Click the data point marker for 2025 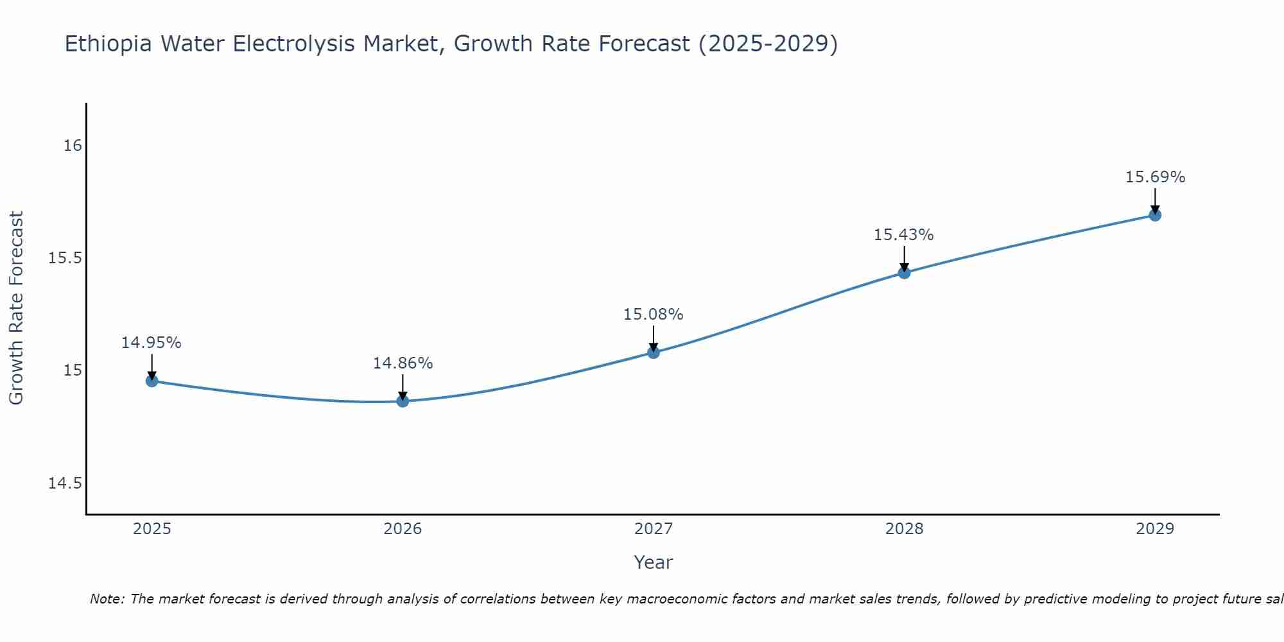pyautogui.click(x=152, y=381)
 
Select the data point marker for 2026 pyautogui.click(x=403, y=401)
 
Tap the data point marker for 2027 pyautogui.click(x=654, y=352)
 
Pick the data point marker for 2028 pyautogui.click(x=904, y=272)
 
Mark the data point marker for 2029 pyautogui.click(x=1155, y=214)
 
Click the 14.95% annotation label pyautogui.click(x=152, y=343)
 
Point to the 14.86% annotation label pyautogui.click(x=403, y=363)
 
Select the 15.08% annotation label pyautogui.click(x=654, y=315)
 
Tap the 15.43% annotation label pyautogui.click(x=904, y=235)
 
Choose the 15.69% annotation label pyautogui.click(x=1155, y=177)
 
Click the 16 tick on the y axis pyautogui.click(x=73, y=146)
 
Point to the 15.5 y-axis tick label pyautogui.click(x=65, y=258)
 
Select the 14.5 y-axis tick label pyautogui.click(x=65, y=483)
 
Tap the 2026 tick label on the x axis pyautogui.click(x=403, y=529)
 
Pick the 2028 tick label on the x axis pyautogui.click(x=904, y=529)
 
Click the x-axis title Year pyautogui.click(x=653, y=562)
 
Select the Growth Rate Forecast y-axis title pyautogui.click(x=17, y=308)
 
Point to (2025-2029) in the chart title pyautogui.click(x=768, y=44)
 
